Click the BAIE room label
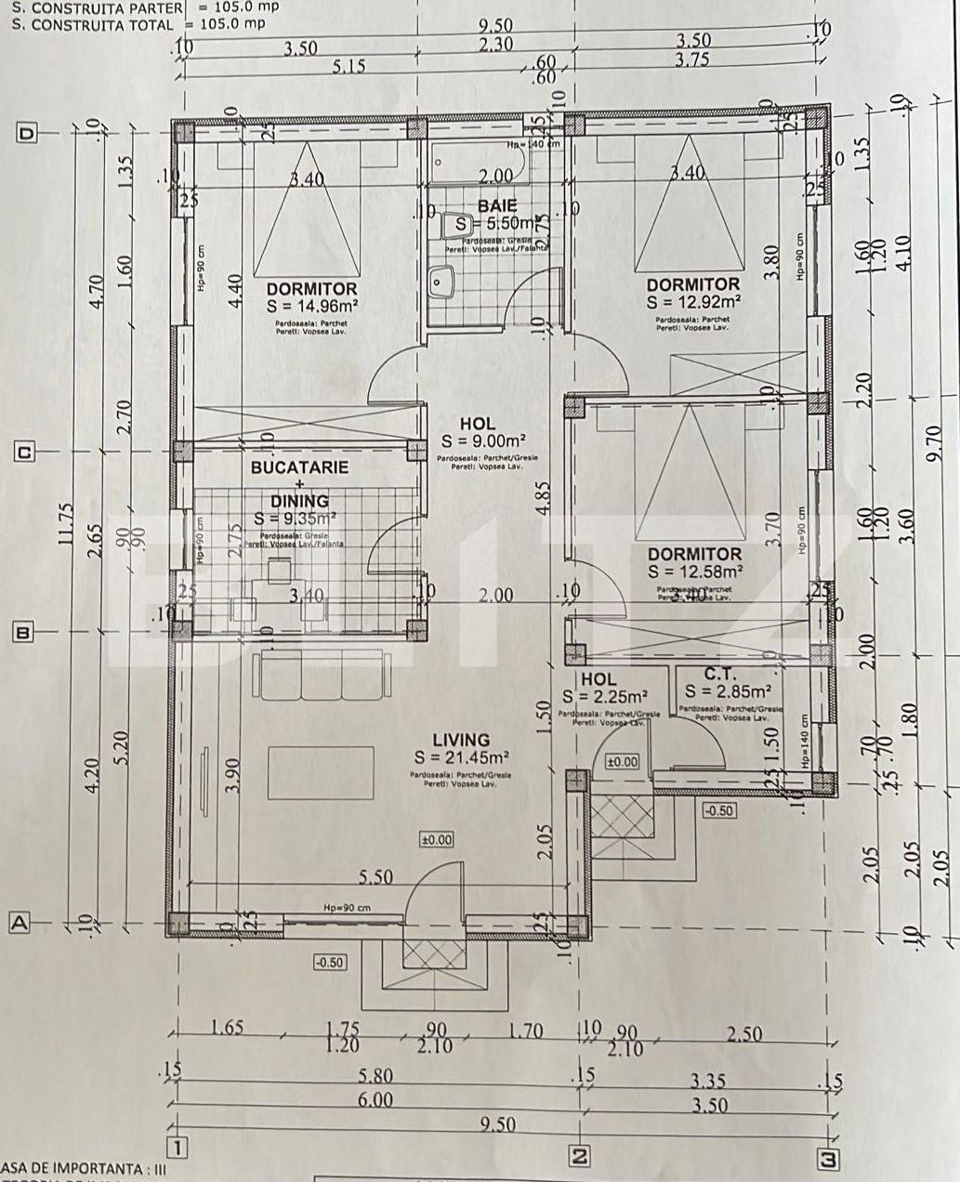point(497,205)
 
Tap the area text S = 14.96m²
point(312,306)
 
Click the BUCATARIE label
point(299,467)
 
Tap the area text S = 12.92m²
point(693,301)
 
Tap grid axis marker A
point(20,923)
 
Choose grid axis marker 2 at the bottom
point(579,1157)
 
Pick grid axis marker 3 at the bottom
point(827,1159)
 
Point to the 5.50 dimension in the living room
point(375,877)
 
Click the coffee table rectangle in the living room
point(322,771)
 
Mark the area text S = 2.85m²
point(728,692)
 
